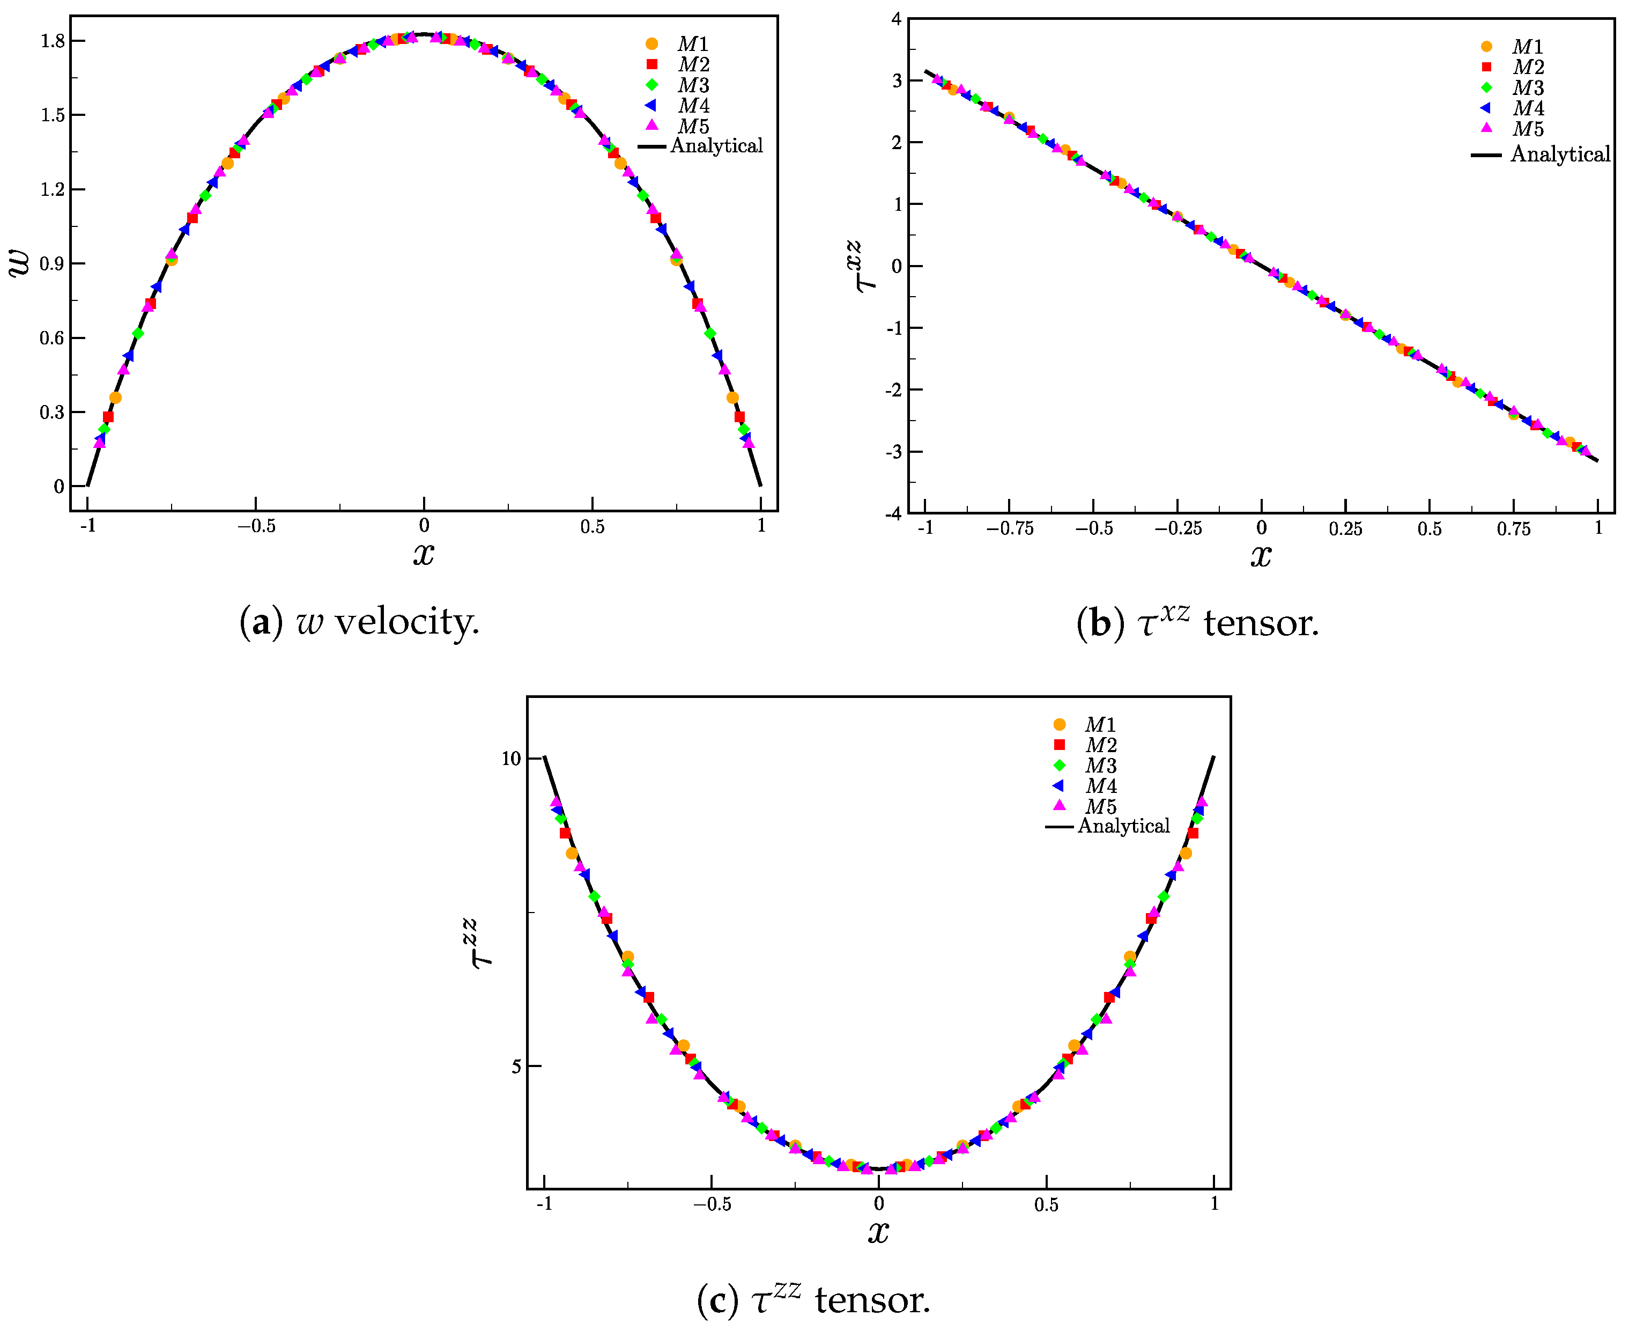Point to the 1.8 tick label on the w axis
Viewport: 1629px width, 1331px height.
53,41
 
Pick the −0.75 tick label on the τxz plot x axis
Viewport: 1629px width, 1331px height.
1009,529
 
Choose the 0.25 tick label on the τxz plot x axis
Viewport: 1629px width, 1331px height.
1345,529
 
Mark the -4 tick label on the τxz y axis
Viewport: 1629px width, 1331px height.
893,514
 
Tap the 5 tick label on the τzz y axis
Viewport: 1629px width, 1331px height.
516,1067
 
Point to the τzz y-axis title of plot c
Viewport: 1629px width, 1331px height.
482,944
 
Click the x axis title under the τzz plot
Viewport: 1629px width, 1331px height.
878,1232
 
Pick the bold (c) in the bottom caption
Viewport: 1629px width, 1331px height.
718,1301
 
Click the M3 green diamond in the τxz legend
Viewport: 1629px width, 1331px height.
1486,87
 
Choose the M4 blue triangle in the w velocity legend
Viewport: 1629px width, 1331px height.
651,105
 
